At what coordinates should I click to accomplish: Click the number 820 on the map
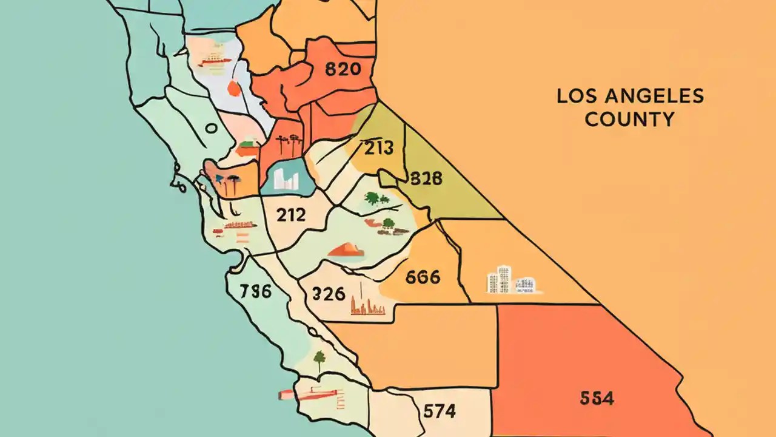[x=343, y=69]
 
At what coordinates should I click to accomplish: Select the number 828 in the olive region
[x=426, y=178]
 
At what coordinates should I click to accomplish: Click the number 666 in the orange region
[x=422, y=277]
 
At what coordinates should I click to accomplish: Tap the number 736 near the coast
[x=255, y=291]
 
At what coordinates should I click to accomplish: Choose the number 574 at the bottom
[x=439, y=411]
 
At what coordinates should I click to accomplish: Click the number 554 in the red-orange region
[x=597, y=398]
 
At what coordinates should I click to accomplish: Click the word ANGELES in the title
[x=650, y=96]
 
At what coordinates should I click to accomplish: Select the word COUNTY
[x=629, y=119]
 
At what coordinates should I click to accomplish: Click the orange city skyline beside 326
[x=368, y=307]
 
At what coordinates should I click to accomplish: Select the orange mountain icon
[x=346, y=249]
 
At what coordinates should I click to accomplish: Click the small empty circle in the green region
[x=210, y=129]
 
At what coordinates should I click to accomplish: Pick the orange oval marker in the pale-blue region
[x=233, y=89]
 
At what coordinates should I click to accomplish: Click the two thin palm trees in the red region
[x=287, y=146]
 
